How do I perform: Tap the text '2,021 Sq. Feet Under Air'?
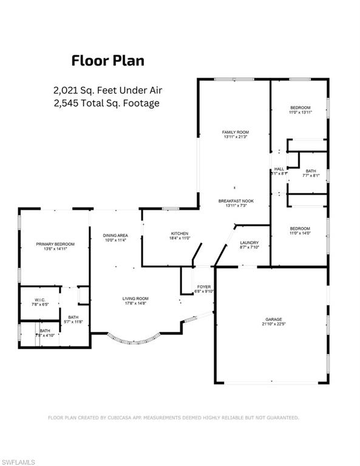(x=108, y=90)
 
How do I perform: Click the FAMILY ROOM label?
(x=235, y=132)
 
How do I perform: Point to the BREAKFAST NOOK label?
(x=235, y=201)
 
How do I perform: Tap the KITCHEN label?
(x=180, y=234)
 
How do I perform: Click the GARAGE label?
(x=273, y=319)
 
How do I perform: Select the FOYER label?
(x=204, y=286)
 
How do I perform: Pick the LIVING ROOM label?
(x=135, y=299)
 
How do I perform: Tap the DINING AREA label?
(x=115, y=235)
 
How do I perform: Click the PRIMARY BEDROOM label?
(x=54, y=244)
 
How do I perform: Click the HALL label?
(x=279, y=169)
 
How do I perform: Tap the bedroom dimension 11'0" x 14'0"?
(x=299, y=233)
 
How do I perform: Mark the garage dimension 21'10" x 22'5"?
(x=273, y=324)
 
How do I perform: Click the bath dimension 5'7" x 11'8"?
(x=73, y=322)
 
